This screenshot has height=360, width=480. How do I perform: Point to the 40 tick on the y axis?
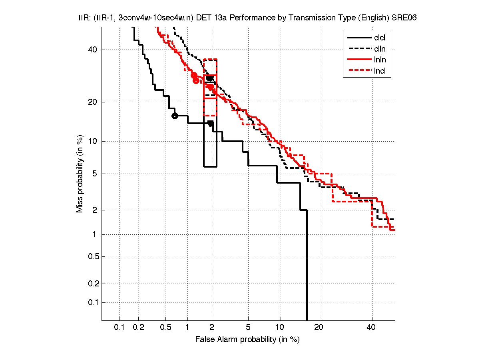pyautogui.click(x=93, y=50)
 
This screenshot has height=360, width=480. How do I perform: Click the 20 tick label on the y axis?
pyautogui.click(x=93, y=102)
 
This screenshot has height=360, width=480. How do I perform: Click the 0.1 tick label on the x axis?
pyautogui.click(x=120, y=328)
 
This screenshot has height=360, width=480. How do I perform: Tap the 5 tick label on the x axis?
pyautogui.click(x=248, y=328)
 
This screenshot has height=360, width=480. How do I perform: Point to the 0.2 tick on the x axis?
pyautogui.click(x=138, y=328)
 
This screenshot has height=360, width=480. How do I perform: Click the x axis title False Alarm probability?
pyautogui.click(x=247, y=340)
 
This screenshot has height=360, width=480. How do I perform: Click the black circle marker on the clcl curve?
pyautogui.click(x=175, y=116)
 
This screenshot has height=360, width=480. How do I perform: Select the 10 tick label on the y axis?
pyautogui.click(x=93, y=141)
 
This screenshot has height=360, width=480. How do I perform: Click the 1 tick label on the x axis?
pyautogui.click(x=187, y=328)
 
